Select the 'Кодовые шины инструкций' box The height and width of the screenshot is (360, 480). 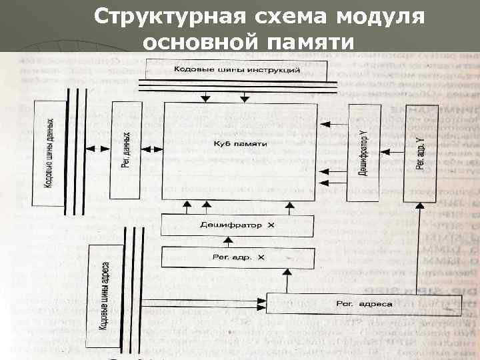click(x=237, y=69)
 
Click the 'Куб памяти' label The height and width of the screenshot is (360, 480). click(x=240, y=144)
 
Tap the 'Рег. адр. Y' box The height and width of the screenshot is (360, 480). click(x=419, y=153)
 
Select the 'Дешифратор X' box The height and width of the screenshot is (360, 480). click(x=237, y=225)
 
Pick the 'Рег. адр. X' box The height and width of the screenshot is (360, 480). click(x=237, y=257)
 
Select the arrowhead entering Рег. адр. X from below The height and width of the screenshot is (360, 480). click(x=287, y=271)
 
